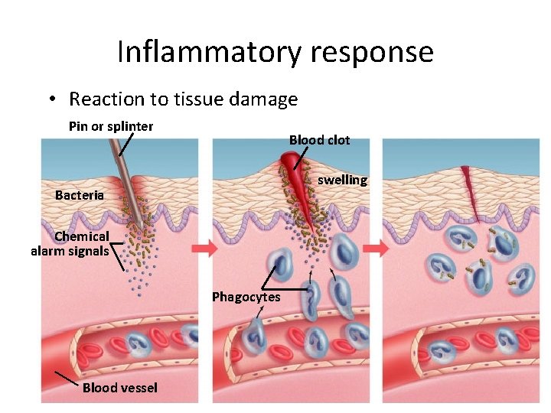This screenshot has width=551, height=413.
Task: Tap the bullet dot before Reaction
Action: pos(51,99)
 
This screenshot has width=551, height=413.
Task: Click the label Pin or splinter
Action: pos(111,126)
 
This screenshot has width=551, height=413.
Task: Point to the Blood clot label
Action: pos(319,140)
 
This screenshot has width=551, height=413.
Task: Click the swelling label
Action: pos(342,180)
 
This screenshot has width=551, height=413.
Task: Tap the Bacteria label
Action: pos(80,195)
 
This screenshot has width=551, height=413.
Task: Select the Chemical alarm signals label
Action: pos(70,243)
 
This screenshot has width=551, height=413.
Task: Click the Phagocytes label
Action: pos(246,297)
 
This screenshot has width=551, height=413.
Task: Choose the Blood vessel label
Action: pos(119,388)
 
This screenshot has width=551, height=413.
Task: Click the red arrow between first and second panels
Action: pos(205,249)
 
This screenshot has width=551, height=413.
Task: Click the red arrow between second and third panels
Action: pos(376,249)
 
